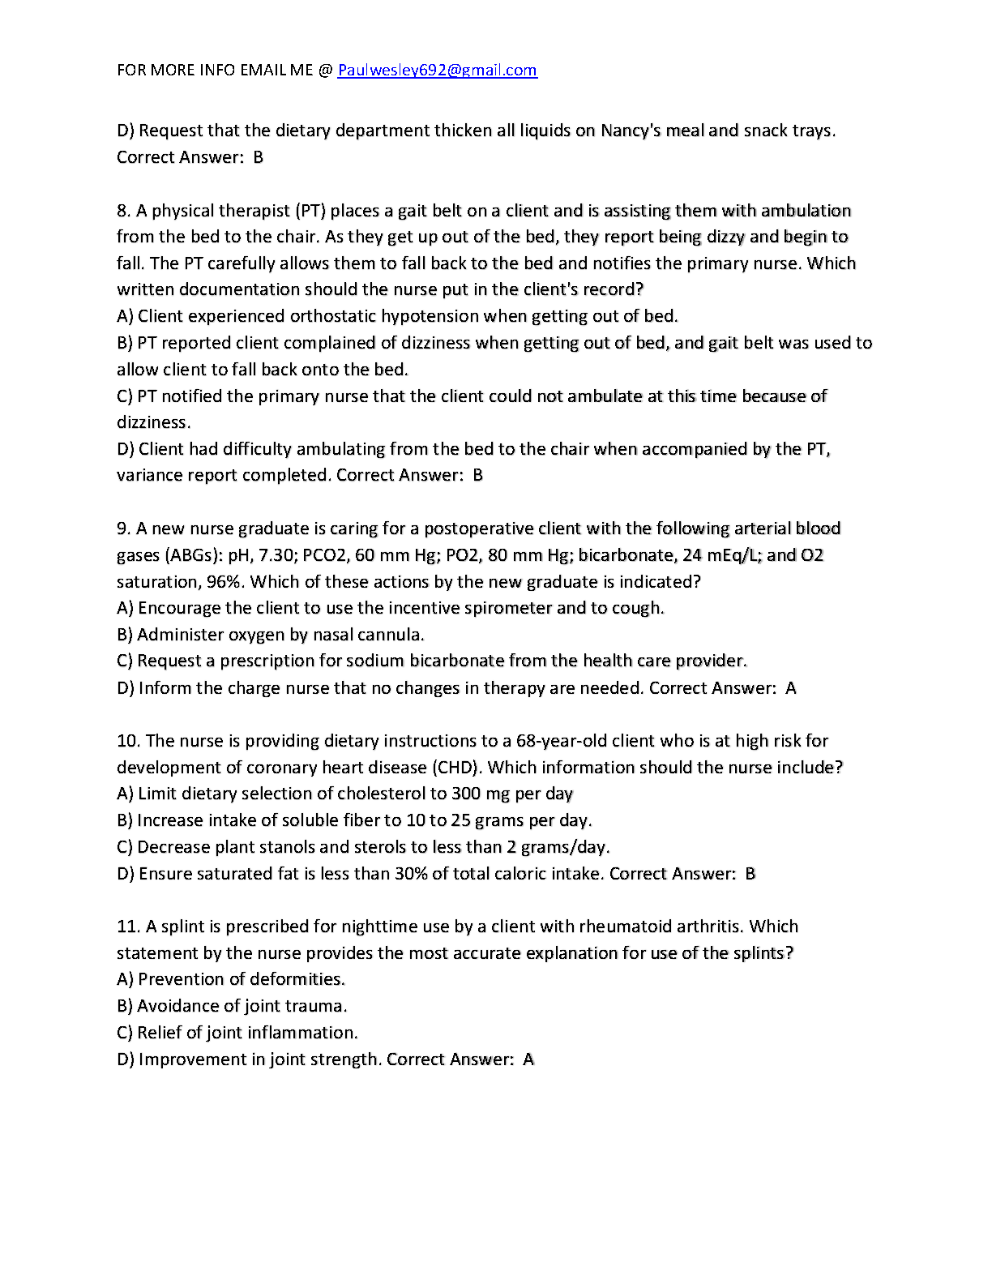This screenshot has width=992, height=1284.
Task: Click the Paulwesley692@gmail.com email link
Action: click(437, 71)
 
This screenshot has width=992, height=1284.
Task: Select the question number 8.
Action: click(123, 211)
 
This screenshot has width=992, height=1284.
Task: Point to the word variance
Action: click(149, 475)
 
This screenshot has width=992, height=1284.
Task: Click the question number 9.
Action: click(123, 529)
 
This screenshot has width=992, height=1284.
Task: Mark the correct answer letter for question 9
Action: click(791, 688)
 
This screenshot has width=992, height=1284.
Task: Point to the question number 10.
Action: click(128, 741)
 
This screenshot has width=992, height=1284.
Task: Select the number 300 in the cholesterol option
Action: click(466, 794)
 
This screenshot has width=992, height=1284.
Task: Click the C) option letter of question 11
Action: click(125, 1033)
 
